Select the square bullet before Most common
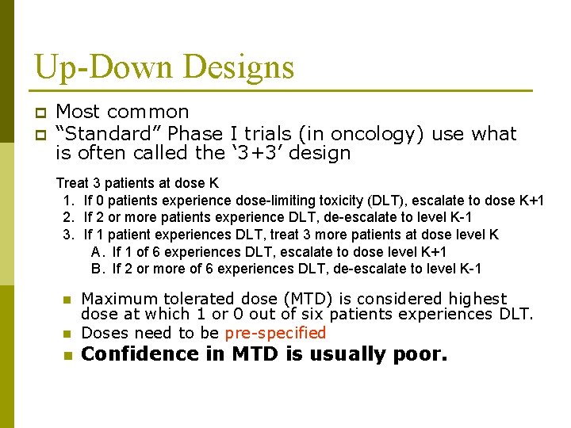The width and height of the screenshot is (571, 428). (40, 113)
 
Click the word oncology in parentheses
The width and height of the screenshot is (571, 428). (383, 133)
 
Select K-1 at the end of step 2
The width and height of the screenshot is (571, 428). (469, 216)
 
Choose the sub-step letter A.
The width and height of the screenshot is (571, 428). (98, 251)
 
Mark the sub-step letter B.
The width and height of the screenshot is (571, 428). (98, 269)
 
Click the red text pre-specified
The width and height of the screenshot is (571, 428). (275, 333)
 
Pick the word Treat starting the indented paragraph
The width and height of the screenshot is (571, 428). (72, 182)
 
